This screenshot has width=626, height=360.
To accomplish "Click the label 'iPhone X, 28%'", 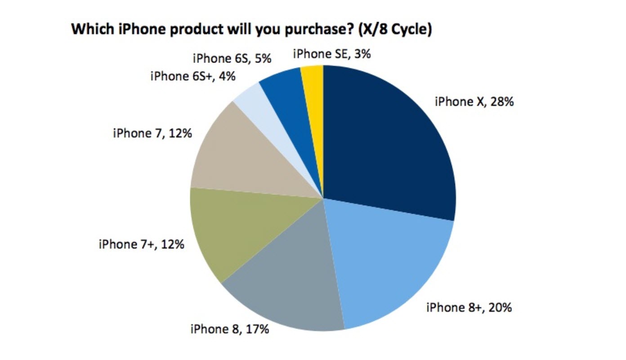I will point(474,102).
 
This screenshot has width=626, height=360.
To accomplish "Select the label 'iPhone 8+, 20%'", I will point(468,308).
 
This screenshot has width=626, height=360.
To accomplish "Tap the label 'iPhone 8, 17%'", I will point(229,329).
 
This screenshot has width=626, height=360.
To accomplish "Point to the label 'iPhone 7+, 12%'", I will point(141,245).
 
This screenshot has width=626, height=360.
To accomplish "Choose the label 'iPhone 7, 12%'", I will point(152,134).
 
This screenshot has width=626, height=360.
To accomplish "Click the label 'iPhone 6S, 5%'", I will point(231,58).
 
